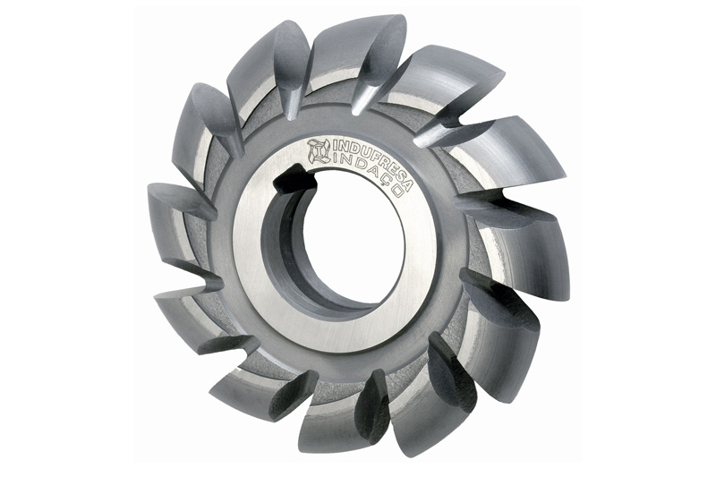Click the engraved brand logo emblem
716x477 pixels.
coord(319,151)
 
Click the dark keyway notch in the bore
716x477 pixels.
coord(293,178)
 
